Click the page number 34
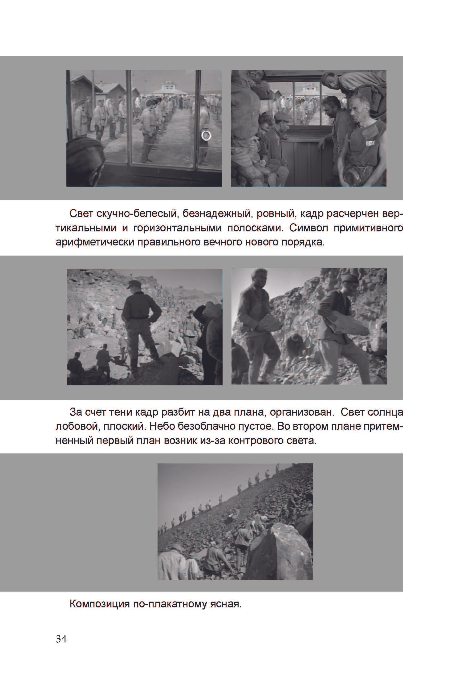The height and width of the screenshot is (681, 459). pos(61,639)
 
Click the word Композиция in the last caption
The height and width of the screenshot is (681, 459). pos(100,604)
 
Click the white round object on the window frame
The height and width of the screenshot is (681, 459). pos(206,135)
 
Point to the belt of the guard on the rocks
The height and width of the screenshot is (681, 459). pos(139,317)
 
